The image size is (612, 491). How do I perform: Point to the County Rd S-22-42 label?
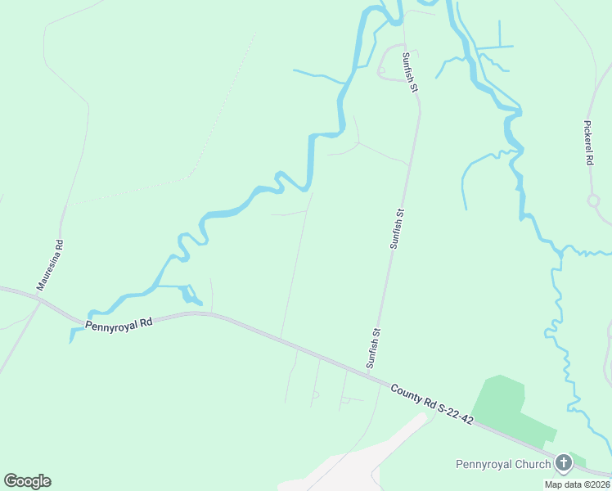pyautogui.click(x=431, y=404)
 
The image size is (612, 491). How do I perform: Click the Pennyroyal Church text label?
pyautogui.click(x=502, y=465)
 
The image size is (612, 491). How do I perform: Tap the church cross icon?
pyautogui.click(x=563, y=463)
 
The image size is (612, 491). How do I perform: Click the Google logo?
pyautogui.click(x=27, y=481)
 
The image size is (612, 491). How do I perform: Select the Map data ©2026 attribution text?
pyautogui.click(x=577, y=484)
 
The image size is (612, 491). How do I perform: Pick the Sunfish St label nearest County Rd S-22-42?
pyautogui.click(x=374, y=347)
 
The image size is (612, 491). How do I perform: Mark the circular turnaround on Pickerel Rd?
pyautogui.click(x=593, y=200)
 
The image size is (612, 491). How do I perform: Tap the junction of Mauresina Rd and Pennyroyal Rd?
pyautogui.click(x=38, y=299)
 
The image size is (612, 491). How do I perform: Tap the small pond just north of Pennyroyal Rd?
pyautogui.click(x=191, y=294)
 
